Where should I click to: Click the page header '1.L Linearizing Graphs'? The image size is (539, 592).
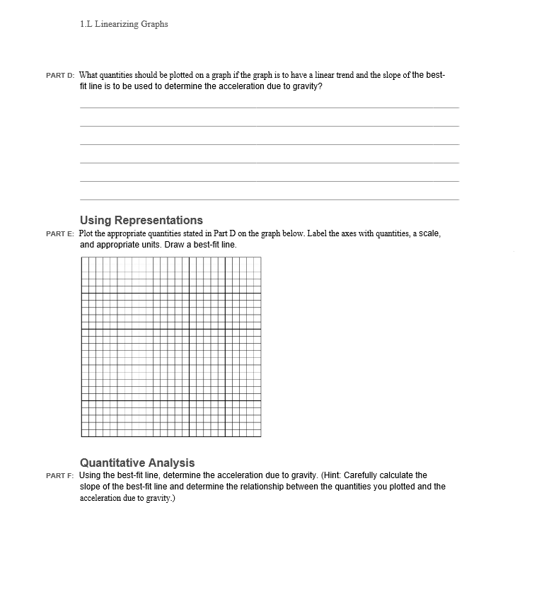(x=124, y=24)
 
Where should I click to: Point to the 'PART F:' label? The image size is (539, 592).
(x=60, y=476)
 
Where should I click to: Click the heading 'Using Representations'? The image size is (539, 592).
(x=141, y=220)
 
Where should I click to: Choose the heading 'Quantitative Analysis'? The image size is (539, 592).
(x=137, y=463)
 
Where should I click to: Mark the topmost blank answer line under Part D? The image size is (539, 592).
(x=269, y=108)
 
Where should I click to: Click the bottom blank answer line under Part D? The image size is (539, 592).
(x=269, y=199)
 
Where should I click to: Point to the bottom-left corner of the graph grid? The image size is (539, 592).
(x=81, y=436)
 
